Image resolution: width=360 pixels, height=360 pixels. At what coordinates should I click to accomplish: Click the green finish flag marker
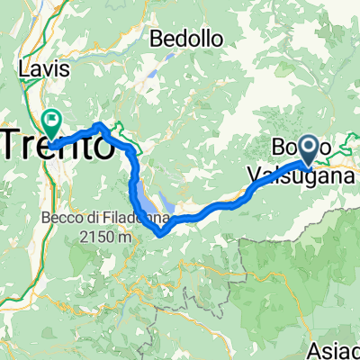[52, 118]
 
